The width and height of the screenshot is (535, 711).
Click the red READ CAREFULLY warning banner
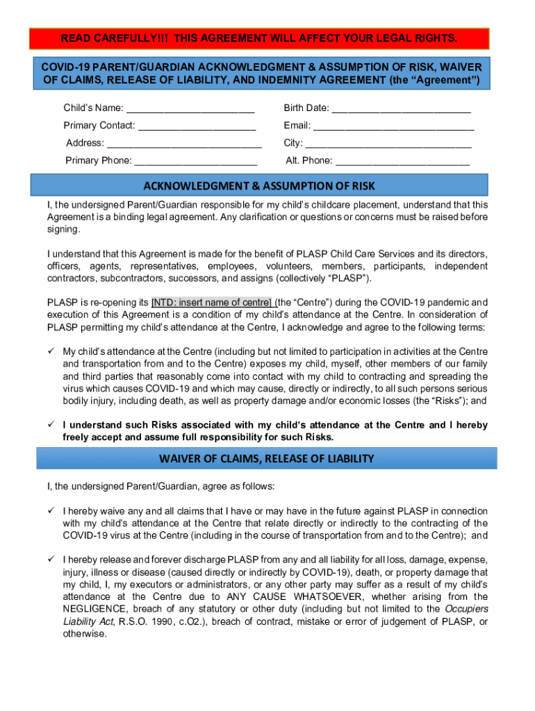click(259, 37)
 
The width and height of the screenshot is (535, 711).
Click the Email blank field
click(393, 127)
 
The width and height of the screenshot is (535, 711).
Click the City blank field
click(388, 144)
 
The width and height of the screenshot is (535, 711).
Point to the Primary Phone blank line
click(195, 162)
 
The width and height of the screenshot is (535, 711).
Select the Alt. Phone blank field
click(402, 162)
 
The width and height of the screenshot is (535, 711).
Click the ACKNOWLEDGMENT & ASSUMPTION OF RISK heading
click(259, 185)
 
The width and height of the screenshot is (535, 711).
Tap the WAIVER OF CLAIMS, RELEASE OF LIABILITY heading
click(267, 458)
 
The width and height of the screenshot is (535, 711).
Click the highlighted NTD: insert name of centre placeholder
click(212, 303)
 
